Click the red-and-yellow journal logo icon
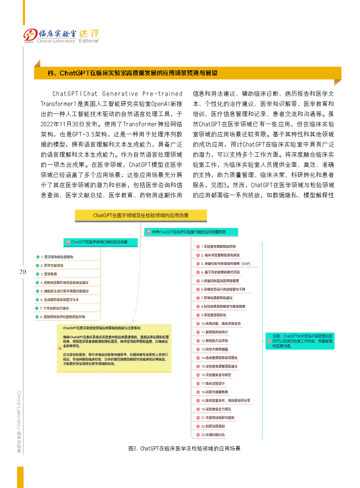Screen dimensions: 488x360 click(30, 36)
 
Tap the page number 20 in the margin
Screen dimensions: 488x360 click(23, 272)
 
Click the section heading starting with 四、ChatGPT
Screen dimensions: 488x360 click(132, 73)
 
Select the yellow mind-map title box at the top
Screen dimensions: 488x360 click(141, 215)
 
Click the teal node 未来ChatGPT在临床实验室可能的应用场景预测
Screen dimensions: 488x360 click(191, 232)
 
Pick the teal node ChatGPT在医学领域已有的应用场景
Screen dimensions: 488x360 click(101, 242)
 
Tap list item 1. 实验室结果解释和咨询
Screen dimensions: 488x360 click(218, 247)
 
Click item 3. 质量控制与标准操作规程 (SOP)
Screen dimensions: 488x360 click(225, 264)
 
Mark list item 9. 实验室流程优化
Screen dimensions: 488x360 click(213, 315)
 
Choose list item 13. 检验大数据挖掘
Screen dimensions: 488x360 click(214, 349)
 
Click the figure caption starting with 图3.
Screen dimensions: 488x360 click(184, 448)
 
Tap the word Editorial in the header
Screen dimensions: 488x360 click(89, 41)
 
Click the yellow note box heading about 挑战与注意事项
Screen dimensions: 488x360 click(102, 328)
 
